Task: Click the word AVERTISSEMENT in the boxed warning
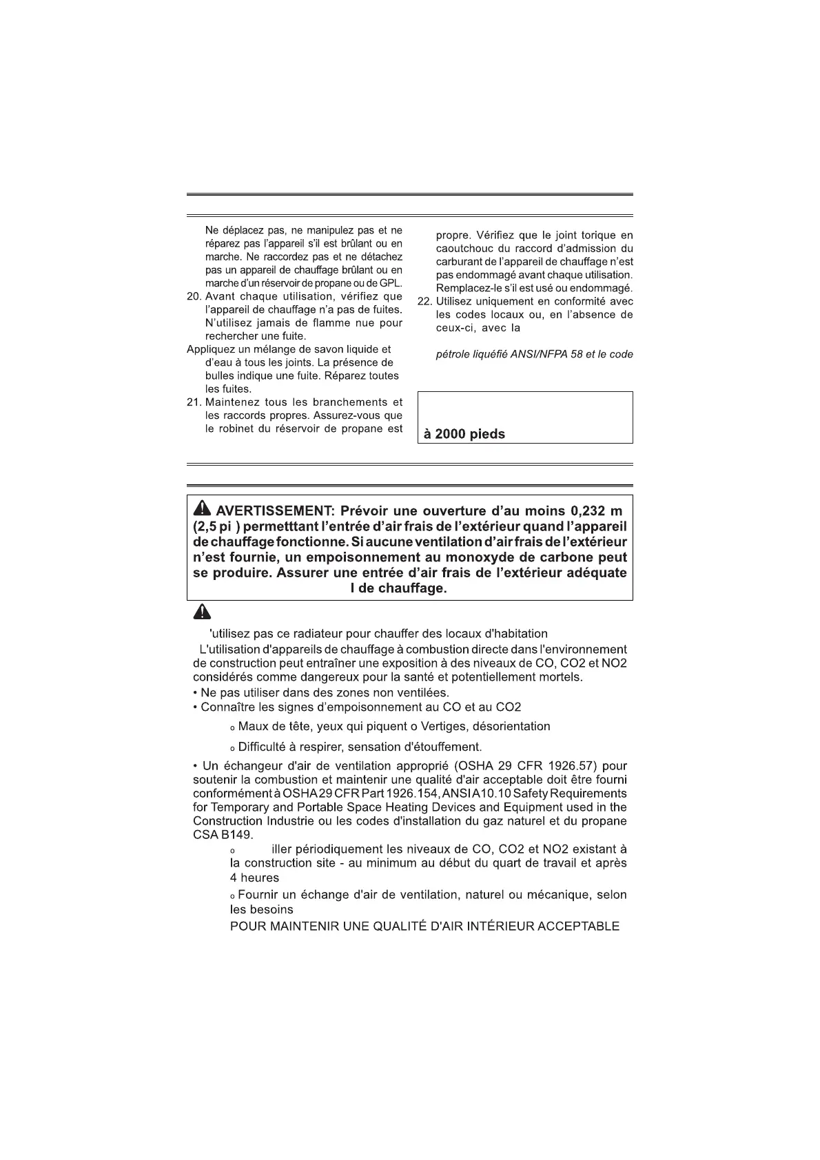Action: coord(274,511)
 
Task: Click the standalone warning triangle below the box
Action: coord(201,612)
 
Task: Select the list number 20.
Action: coord(194,297)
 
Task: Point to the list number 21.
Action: coord(194,402)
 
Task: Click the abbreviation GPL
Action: coord(390,284)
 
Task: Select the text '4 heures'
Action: coord(254,878)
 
